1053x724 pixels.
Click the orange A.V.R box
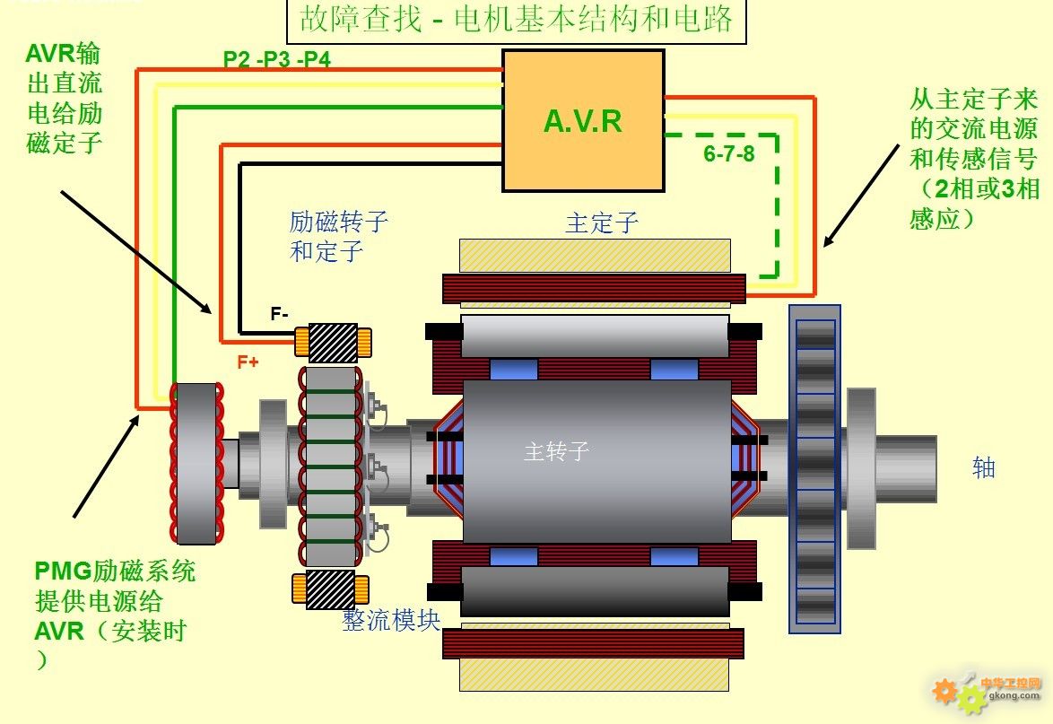click(584, 121)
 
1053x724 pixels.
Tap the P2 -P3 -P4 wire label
click(276, 59)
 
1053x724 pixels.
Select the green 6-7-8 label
click(728, 153)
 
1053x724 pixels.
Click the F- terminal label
click(279, 314)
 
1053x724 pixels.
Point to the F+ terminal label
click(248, 362)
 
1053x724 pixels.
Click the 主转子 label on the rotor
click(556, 450)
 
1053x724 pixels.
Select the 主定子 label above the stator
click(602, 223)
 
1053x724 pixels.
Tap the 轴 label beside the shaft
click(984, 467)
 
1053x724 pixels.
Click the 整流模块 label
click(391, 620)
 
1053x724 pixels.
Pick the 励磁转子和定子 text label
click(338, 237)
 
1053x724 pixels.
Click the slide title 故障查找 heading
click(517, 19)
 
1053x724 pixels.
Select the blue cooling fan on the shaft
click(814, 469)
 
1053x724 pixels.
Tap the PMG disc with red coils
click(196, 464)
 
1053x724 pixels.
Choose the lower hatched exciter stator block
click(330, 589)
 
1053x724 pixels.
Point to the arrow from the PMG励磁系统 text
click(106, 467)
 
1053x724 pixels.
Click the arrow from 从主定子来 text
click(862, 196)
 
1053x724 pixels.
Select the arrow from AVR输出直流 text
click(136, 252)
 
